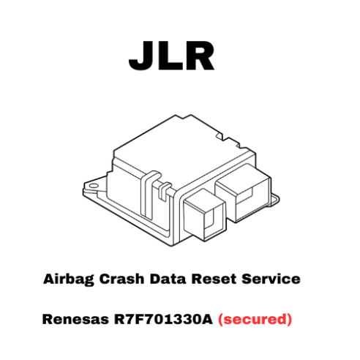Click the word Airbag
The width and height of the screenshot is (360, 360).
69,280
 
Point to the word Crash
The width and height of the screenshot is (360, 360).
121,279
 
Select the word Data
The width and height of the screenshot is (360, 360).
168,279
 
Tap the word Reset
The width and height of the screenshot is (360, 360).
214,279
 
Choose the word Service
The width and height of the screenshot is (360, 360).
271,279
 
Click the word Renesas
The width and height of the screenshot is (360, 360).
75,319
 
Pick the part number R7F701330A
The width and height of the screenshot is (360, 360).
163,319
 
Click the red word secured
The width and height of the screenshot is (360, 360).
255,319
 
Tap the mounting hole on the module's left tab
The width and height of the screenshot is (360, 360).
94,186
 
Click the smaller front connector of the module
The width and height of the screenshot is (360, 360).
204,214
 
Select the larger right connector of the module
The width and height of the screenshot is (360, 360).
244,192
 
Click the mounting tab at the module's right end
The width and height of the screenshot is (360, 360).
275,199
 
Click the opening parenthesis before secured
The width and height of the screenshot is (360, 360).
221,320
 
